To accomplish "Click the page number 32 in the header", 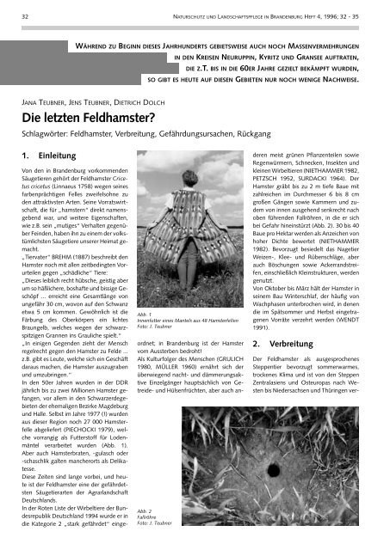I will [26, 15].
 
